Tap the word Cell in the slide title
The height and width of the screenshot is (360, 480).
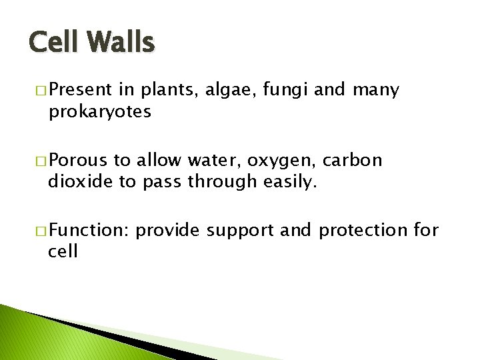coord(55,43)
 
